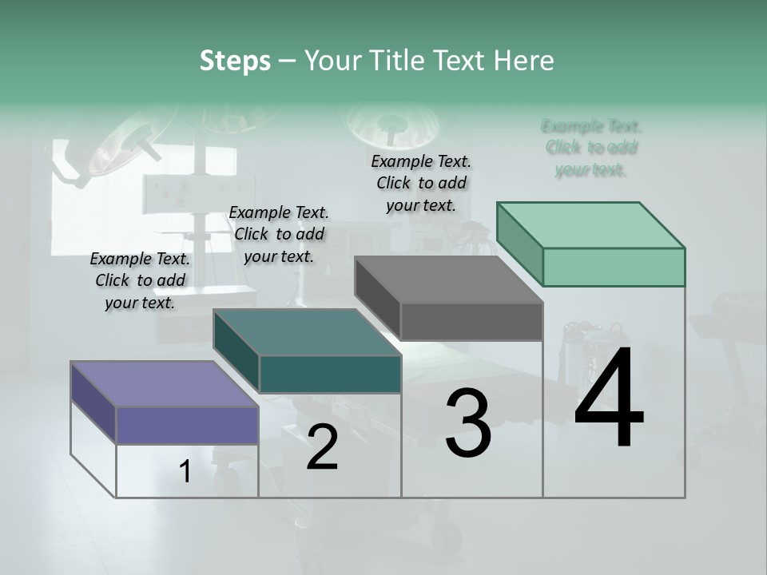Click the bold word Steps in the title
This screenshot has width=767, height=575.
pos(235,61)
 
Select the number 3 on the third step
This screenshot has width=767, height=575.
pos(467,422)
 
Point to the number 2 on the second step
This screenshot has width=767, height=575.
pos(322,447)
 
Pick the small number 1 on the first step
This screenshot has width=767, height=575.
pos(185,471)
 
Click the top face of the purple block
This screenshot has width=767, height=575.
pos(164,383)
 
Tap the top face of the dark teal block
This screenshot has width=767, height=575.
pos(307,331)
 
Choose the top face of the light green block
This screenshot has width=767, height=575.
pos(590,224)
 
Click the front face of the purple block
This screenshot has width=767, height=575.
pos(187,425)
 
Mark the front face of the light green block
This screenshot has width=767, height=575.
pos(614,267)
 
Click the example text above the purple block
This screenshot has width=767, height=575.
pos(141,280)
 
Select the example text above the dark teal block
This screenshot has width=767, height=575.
pos(279,234)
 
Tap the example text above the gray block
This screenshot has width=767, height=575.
pos(421,183)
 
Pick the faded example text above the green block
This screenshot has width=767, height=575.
pos(591,148)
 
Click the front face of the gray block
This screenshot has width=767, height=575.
pos(471,321)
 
